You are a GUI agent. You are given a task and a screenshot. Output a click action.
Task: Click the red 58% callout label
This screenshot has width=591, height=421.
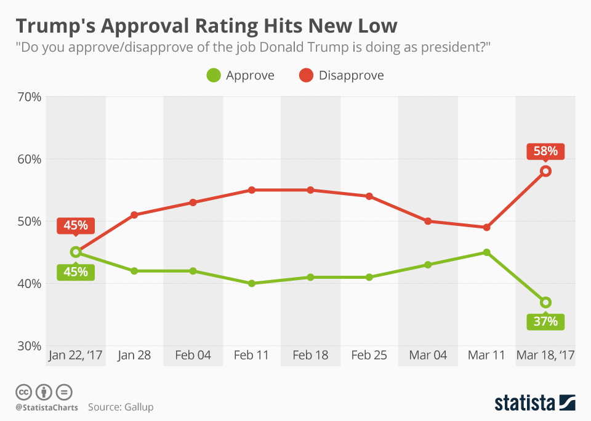click(x=545, y=151)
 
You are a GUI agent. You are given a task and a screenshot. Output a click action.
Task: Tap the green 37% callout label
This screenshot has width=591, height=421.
click(x=545, y=321)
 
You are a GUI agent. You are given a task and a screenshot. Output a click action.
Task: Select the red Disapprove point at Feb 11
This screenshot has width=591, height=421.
click(x=252, y=190)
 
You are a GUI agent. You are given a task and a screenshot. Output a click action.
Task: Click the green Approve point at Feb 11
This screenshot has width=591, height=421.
click(x=252, y=283)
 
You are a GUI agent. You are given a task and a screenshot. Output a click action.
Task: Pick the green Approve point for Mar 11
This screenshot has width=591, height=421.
click(x=487, y=252)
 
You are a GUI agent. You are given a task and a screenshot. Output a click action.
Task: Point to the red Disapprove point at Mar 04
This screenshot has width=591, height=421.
click(x=428, y=221)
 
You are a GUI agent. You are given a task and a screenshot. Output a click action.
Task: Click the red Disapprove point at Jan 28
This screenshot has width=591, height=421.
click(x=134, y=215)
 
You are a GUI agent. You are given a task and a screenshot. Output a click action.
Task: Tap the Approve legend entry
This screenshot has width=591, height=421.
click(x=241, y=76)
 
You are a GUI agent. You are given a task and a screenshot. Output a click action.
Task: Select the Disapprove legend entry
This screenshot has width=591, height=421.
click(x=341, y=76)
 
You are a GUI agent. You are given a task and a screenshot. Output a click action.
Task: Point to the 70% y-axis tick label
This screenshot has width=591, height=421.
click(x=28, y=97)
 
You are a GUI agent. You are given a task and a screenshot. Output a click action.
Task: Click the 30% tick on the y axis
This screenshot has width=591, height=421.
click(x=28, y=345)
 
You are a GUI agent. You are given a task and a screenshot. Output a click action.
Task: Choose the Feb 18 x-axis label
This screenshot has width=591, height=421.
click(x=310, y=356)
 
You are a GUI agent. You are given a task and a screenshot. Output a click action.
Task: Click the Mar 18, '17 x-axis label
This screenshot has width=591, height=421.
click(x=545, y=356)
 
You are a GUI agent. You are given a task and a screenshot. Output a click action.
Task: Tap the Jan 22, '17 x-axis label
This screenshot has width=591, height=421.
click(x=76, y=356)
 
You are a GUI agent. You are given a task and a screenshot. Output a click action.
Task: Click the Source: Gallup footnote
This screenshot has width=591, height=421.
click(x=121, y=407)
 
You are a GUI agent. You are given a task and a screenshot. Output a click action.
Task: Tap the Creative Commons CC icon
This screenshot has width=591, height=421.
click(x=23, y=391)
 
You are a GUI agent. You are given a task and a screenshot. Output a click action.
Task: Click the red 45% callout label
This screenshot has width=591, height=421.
click(x=76, y=225)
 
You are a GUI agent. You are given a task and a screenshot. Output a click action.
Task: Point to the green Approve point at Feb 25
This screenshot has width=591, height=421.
click(x=369, y=277)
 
